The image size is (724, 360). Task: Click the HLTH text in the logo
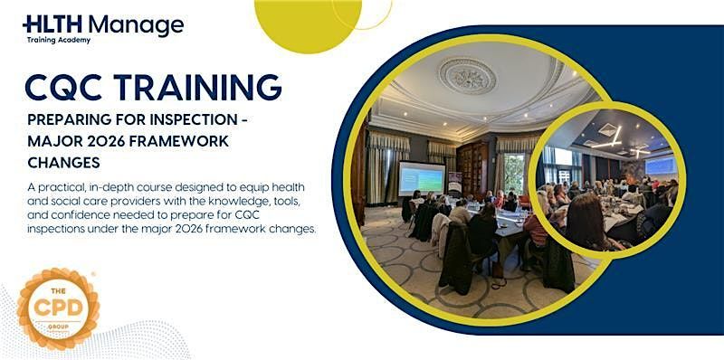[52, 24]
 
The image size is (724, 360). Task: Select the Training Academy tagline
[59, 40]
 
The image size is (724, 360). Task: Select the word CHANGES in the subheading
[63, 163]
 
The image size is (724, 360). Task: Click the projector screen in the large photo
[422, 178]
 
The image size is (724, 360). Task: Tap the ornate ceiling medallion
[467, 75]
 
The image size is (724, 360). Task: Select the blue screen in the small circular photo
[661, 165]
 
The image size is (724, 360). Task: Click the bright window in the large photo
[514, 173]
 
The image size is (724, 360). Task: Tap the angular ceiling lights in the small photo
[608, 140]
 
